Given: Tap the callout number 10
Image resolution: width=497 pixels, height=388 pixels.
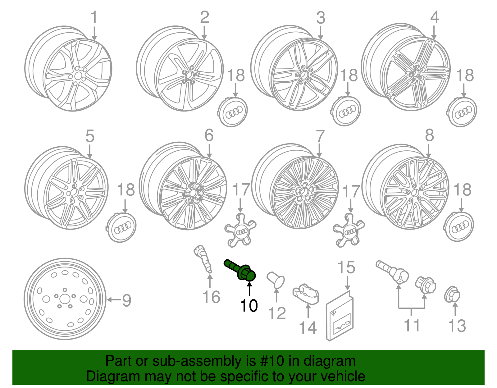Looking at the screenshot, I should click(x=249, y=306).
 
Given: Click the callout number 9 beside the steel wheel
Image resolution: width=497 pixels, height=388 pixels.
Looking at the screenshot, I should click(x=126, y=300).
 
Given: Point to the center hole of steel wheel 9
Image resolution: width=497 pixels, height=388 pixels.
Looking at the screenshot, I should click(x=65, y=299).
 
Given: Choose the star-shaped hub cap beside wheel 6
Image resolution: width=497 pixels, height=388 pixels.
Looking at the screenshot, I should click(x=240, y=231).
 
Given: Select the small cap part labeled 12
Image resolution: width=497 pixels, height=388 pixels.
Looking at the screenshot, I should click(x=276, y=279).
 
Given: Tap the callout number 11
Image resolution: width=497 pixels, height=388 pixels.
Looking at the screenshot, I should click(x=412, y=325).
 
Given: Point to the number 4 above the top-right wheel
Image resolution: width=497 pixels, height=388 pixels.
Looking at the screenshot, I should click(x=435, y=17).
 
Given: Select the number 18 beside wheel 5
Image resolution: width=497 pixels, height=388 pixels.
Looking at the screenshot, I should click(x=126, y=190).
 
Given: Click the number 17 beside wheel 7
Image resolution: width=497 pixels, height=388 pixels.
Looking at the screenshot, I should click(x=351, y=192).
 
